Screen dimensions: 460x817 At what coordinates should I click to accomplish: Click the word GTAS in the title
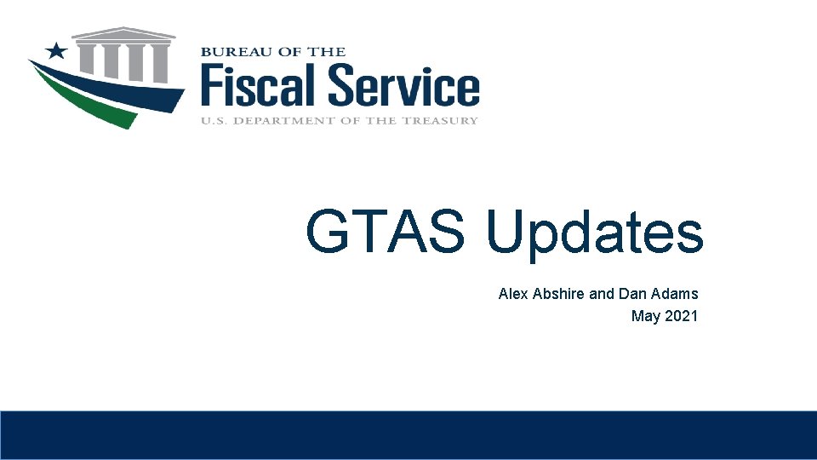click(x=385, y=232)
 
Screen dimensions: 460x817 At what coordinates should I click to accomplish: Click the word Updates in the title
click(x=595, y=233)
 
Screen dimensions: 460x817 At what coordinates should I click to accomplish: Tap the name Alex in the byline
click(x=513, y=294)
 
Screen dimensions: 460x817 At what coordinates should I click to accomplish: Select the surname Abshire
click(x=558, y=294)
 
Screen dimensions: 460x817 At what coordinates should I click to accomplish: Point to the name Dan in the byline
click(x=632, y=294)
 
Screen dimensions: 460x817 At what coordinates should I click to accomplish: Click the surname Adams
click(x=675, y=294)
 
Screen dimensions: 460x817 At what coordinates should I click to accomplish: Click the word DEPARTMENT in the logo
click(x=289, y=120)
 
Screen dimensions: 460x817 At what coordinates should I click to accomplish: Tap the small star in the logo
click(x=57, y=50)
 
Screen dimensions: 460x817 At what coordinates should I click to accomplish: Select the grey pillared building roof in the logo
click(x=124, y=34)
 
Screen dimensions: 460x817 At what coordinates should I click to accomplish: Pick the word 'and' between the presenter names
click(x=601, y=294)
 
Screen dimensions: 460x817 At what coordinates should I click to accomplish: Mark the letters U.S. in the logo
click(x=214, y=120)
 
